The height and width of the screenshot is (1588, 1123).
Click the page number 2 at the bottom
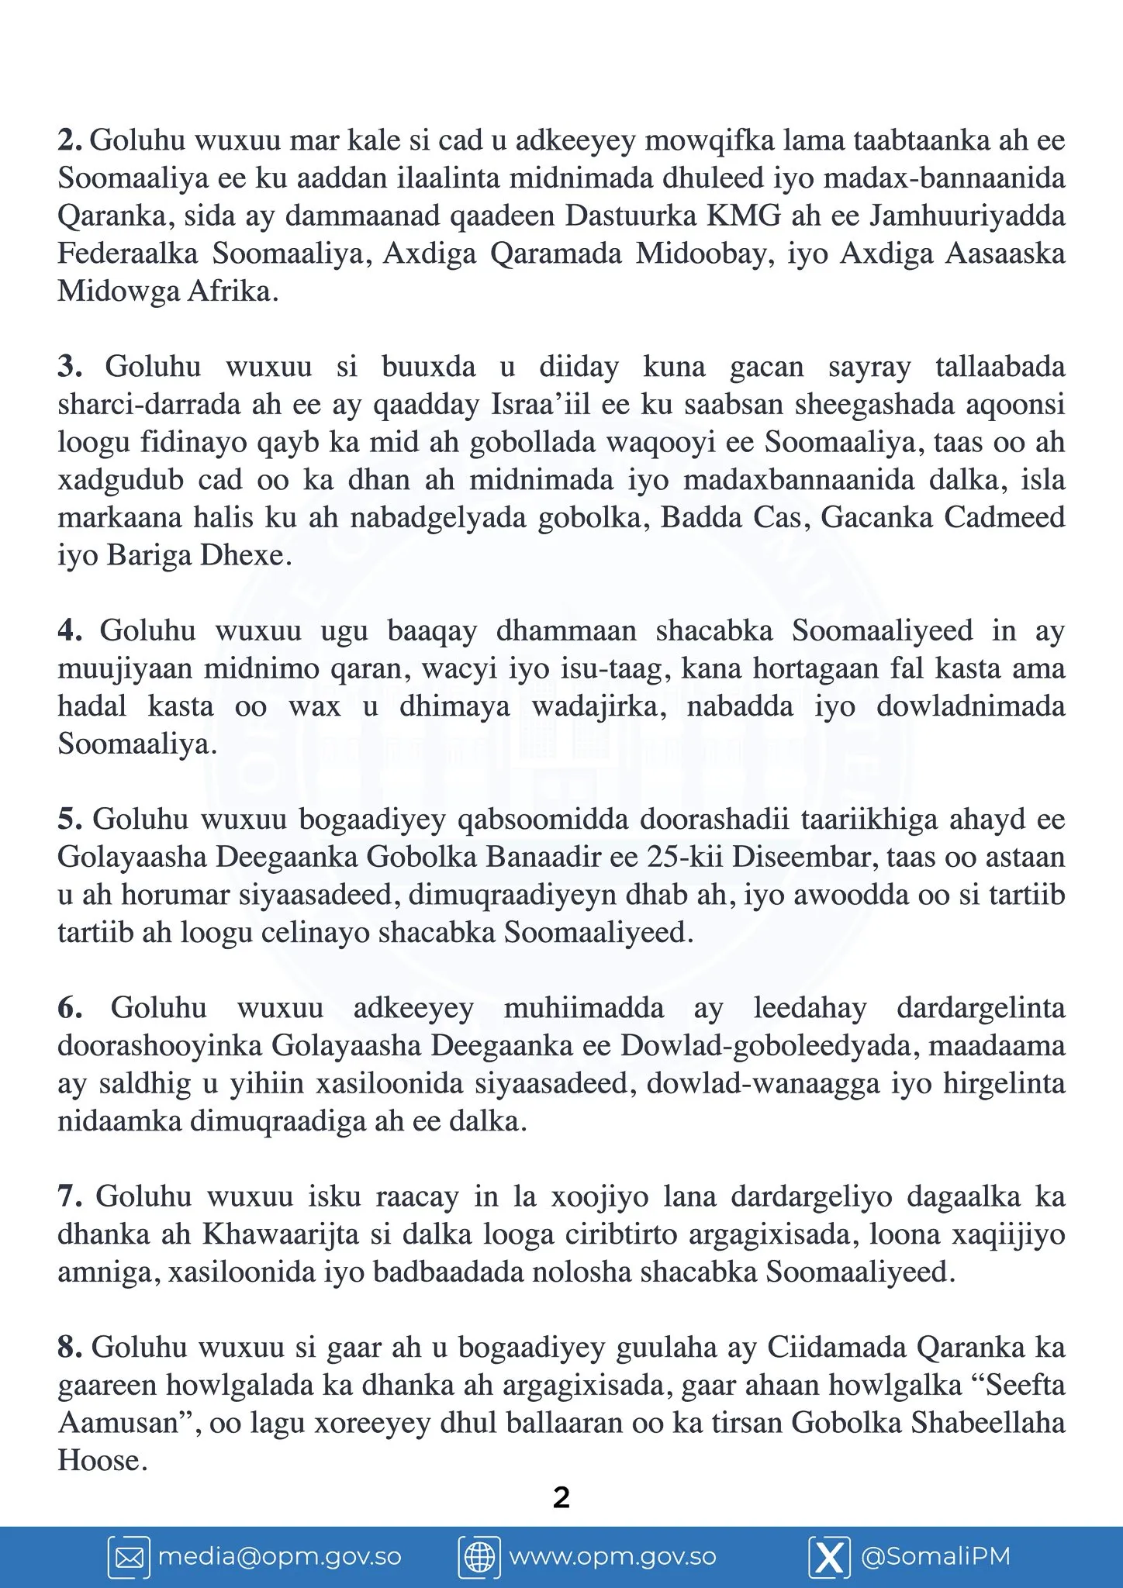click(561, 1497)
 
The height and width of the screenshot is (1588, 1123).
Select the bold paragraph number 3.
click(70, 367)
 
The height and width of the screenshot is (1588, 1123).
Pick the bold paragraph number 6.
click(70, 1008)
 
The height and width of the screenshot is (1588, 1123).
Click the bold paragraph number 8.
click(70, 1348)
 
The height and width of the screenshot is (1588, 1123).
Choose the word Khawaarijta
click(281, 1234)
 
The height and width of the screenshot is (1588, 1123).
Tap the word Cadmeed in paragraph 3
click(1005, 518)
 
